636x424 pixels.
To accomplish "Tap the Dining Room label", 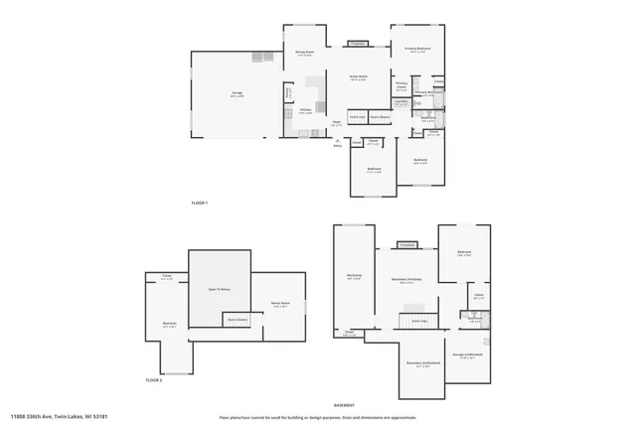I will (x=304, y=53).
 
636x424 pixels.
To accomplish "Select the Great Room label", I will (x=359, y=76).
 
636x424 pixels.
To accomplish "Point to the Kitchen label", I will (x=306, y=111).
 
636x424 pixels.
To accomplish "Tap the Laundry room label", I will (x=400, y=101).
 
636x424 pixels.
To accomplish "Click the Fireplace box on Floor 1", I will (x=358, y=44).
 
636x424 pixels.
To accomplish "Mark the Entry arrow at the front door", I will (x=338, y=143).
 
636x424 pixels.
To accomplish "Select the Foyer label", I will (x=337, y=124).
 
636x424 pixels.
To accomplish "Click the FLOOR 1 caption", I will (x=200, y=203).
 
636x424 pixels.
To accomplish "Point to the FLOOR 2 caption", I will (x=154, y=379).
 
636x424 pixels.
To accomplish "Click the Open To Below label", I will (x=219, y=289).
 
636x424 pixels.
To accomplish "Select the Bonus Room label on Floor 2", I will (x=280, y=303).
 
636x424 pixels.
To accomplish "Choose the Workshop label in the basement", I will (x=354, y=275).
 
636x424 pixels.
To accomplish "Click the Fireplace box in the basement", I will (x=406, y=245).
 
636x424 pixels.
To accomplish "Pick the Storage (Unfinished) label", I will (x=467, y=354).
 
